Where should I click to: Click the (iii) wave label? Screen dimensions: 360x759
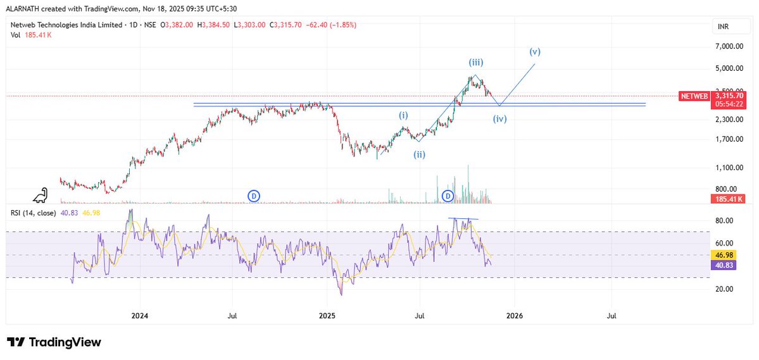(477, 62)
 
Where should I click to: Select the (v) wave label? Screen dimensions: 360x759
(535, 51)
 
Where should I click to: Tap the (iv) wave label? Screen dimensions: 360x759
(500, 118)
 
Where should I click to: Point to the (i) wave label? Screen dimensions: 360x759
(403, 115)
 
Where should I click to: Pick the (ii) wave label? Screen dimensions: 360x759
(419, 154)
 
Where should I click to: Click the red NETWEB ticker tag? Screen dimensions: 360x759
(694, 96)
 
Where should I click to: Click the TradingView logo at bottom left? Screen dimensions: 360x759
(54, 342)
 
